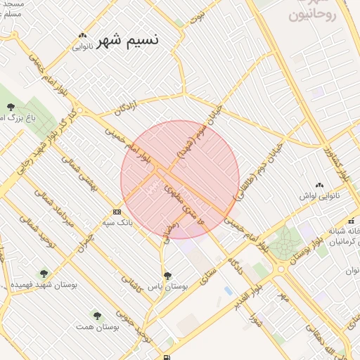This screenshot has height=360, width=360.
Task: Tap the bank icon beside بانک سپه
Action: click(116, 212)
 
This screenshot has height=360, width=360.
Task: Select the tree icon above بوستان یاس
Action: click(167, 276)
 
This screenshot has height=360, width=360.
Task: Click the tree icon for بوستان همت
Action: click(97, 316)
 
